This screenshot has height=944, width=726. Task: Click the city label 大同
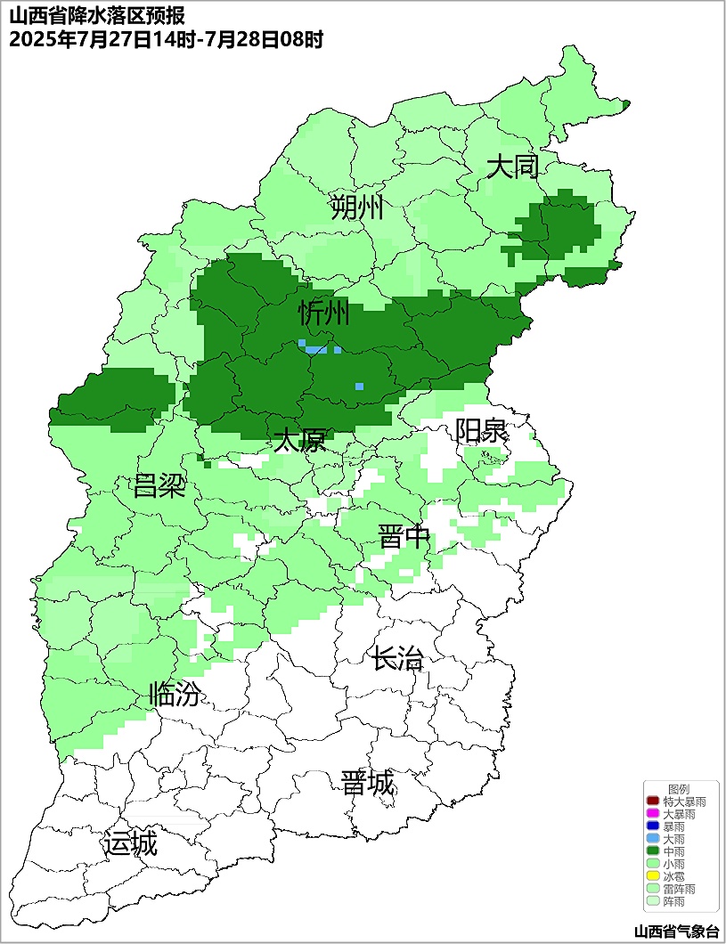513,167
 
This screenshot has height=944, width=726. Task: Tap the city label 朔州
356,208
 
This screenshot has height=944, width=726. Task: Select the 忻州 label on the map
323,313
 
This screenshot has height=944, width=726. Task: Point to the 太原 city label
299,440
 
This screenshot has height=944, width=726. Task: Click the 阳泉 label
481,430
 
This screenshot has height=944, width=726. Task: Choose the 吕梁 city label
159,486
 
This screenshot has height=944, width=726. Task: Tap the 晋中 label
404,537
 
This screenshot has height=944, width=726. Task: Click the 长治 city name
397,659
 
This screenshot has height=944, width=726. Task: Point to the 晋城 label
367,783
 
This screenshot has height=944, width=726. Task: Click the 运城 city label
130,842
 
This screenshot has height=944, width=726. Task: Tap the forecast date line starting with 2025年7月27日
166,39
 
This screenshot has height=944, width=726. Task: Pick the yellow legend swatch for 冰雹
652,876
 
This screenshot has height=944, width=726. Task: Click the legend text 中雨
673,851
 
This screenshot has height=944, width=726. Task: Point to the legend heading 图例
679,789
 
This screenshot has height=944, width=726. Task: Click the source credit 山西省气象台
676,932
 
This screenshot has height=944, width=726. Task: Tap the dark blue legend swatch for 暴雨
652,826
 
